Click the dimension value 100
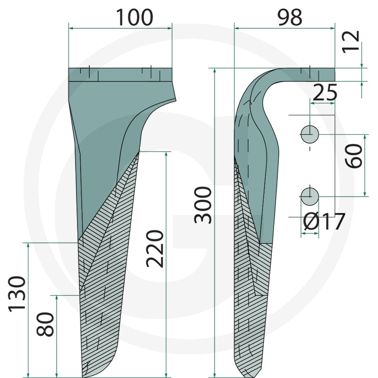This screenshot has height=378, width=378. [x=135, y=17]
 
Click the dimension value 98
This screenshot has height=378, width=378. [x=290, y=17]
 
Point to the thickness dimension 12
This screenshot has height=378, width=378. [x=351, y=42]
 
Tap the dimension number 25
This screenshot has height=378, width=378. [x=325, y=92]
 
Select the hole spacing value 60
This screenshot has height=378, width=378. [x=353, y=156]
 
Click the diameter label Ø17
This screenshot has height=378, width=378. [x=324, y=222]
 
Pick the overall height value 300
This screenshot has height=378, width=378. [x=203, y=205]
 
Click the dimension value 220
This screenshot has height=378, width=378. [x=155, y=249]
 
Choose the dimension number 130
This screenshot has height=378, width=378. [x=17, y=294]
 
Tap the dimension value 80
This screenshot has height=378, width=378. [x=45, y=324]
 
